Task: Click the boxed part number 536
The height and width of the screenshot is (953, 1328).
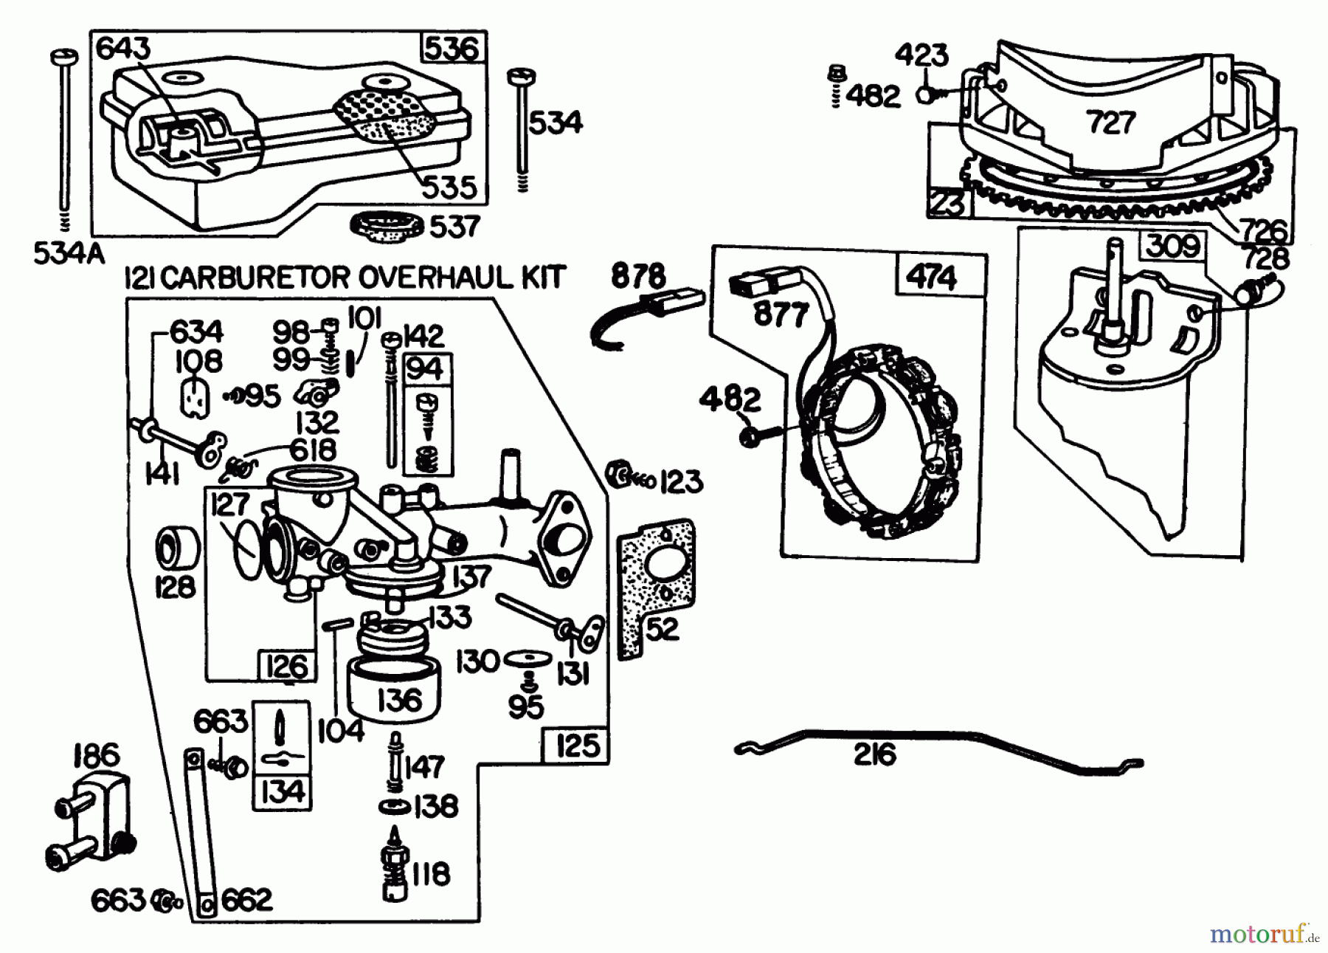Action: [x=452, y=49]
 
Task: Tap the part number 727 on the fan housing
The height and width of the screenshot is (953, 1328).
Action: [x=1110, y=121]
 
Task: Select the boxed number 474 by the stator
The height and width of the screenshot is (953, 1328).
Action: [x=932, y=278]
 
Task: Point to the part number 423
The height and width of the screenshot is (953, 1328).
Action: [x=921, y=56]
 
